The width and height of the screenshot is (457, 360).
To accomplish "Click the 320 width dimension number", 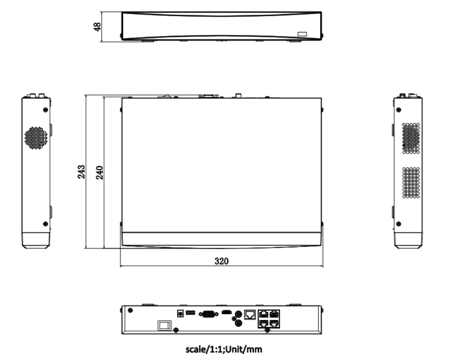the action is point(221,261).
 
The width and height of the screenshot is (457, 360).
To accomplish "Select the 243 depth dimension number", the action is point(81,172).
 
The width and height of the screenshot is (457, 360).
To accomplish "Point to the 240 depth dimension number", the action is point(99,173).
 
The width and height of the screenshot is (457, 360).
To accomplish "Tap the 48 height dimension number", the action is point(97,27).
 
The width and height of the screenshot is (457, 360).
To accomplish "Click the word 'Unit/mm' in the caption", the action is point(243,349).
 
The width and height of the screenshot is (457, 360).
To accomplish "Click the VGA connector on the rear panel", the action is point(208,314).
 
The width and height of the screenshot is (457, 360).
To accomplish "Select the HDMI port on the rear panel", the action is point(227,312).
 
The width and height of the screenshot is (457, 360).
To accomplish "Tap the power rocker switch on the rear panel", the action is point(165,325).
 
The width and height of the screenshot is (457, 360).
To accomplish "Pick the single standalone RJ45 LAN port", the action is point(250,314).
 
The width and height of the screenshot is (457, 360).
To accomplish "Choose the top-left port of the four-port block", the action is point(264,314).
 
